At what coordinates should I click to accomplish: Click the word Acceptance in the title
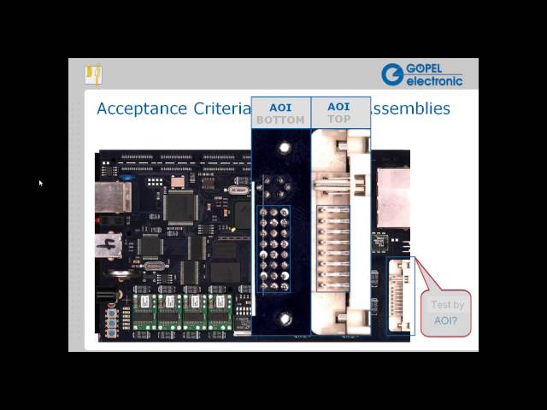click(x=141, y=108)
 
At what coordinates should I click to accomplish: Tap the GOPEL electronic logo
click(x=422, y=75)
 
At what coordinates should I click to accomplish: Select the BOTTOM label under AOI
click(x=280, y=120)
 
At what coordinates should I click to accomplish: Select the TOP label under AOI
click(x=338, y=120)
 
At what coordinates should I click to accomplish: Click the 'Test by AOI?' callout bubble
click(x=445, y=313)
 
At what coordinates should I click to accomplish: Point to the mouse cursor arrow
click(x=40, y=182)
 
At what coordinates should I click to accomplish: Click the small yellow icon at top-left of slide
click(x=93, y=74)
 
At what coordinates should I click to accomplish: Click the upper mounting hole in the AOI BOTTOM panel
click(x=285, y=148)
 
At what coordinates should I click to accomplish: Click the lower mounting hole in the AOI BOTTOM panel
click(x=285, y=319)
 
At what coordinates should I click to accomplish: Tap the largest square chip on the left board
click(x=180, y=206)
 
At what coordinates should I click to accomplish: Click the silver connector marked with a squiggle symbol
click(x=110, y=245)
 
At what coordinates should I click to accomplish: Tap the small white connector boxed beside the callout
click(x=400, y=296)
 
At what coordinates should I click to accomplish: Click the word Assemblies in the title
click(x=410, y=108)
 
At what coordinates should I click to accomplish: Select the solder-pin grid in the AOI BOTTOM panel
click(x=273, y=249)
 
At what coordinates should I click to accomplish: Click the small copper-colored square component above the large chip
click(x=178, y=181)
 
